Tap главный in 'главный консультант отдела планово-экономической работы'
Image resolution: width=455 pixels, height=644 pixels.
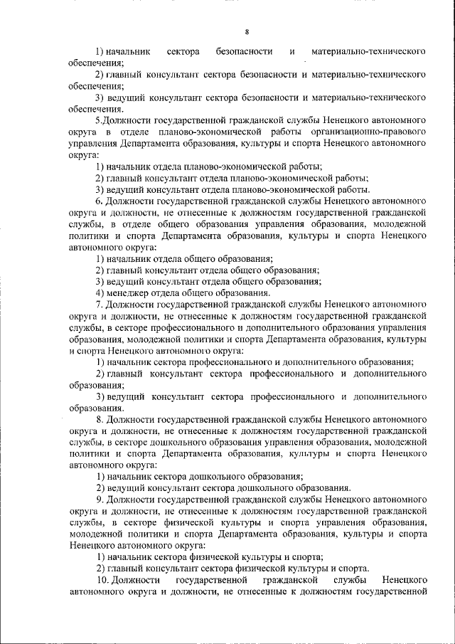123,178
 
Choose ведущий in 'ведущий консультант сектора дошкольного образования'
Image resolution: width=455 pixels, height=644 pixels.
123,488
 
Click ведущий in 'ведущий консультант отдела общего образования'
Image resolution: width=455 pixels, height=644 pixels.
123,281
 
